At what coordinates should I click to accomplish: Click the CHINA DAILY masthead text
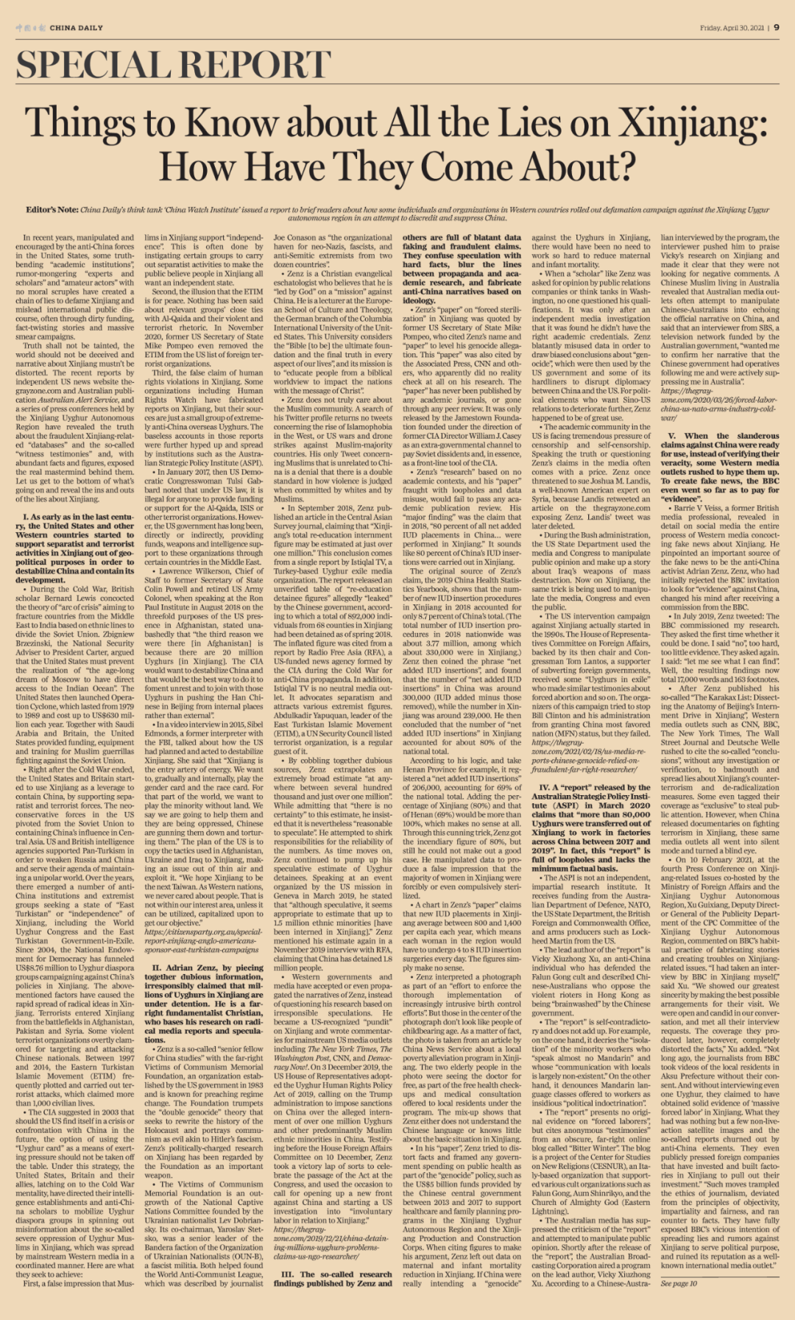point(76,28)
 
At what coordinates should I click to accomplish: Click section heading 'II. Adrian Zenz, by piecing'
point(204,967)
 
